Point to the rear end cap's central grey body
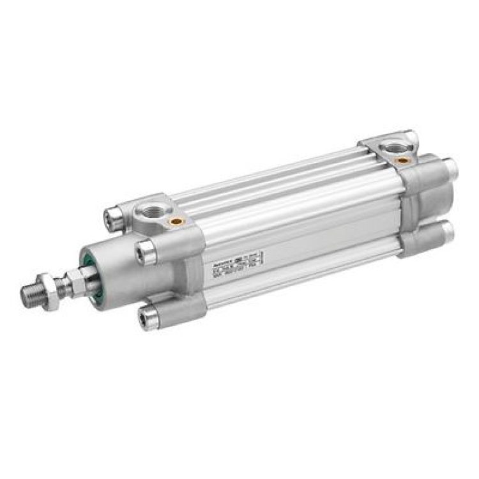[425, 198]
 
